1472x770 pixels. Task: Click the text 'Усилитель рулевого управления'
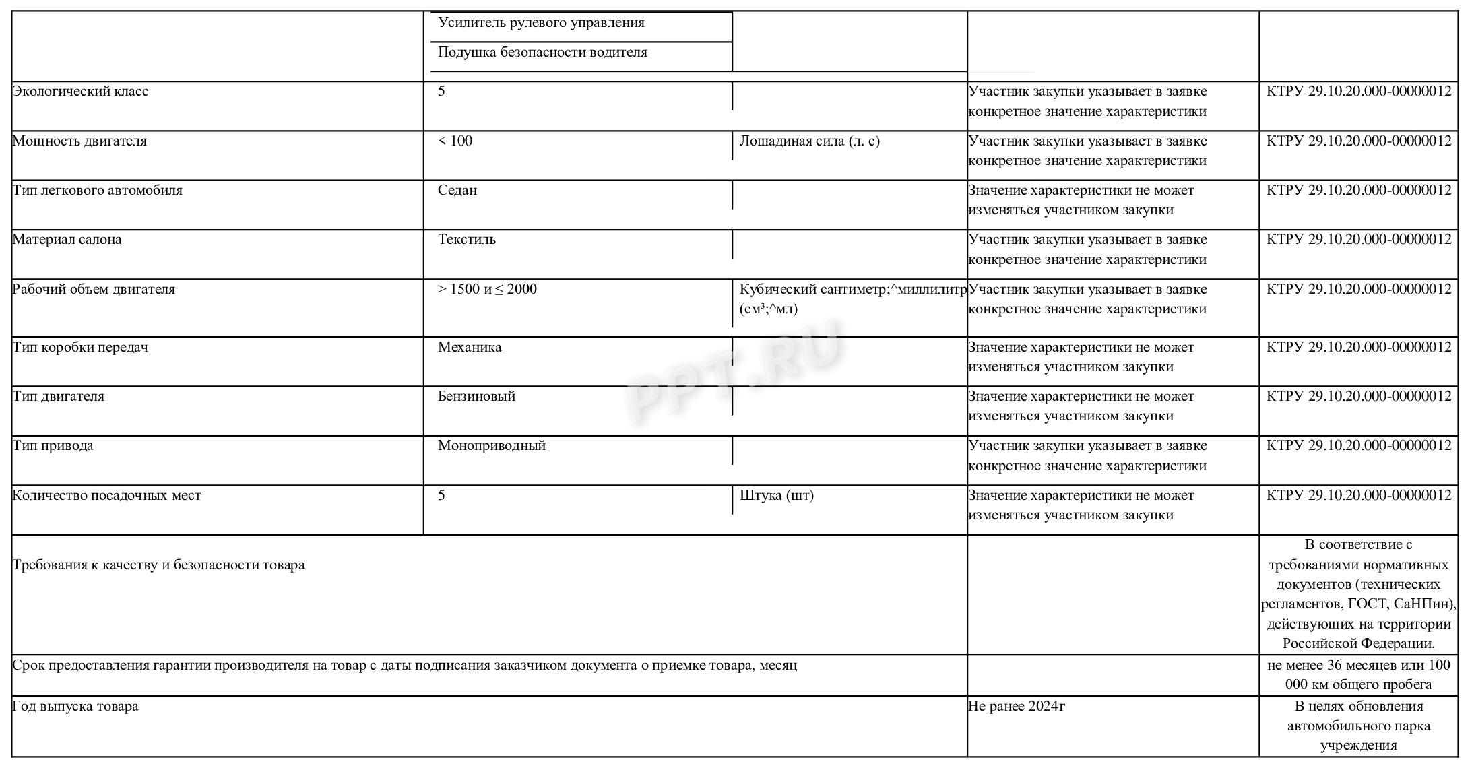[541, 23]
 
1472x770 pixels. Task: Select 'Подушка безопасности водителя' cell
[542, 53]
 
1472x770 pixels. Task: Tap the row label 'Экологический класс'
[80, 92]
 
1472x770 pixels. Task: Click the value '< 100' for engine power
[455, 141]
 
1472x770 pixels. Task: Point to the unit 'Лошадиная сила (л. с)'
[809, 141]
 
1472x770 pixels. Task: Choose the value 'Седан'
[457, 191]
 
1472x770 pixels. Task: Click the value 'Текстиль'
[466, 240]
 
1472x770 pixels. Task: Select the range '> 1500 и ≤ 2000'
[487, 290]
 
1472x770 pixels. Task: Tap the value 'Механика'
[470, 348]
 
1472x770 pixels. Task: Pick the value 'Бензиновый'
[476, 397]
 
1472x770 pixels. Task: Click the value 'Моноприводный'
[491, 446]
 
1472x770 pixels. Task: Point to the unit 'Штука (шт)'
[776, 496]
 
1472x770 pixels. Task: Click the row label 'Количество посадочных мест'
[106, 496]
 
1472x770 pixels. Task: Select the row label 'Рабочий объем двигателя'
[94, 290]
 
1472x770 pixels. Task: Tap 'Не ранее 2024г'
[1016, 707]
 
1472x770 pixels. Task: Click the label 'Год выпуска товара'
[75, 707]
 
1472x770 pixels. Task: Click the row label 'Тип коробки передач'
[80, 348]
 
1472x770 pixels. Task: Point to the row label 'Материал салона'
[67, 240]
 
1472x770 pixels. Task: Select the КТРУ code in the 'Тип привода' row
[1358, 446]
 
